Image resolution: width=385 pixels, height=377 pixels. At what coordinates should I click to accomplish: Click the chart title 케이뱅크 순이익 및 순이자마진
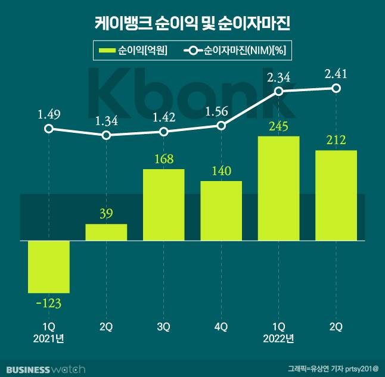tap(192, 24)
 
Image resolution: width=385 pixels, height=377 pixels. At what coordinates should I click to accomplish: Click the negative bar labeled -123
tap(49, 266)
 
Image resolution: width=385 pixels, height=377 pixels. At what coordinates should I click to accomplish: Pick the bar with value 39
tap(106, 232)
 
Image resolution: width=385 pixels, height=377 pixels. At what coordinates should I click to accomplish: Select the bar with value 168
tap(163, 205)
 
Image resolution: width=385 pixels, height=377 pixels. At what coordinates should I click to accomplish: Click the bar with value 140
tap(221, 210)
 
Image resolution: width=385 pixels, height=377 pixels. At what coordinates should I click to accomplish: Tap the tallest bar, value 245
tap(278, 188)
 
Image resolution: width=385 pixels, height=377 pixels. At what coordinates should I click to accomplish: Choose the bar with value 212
tap(336, 195)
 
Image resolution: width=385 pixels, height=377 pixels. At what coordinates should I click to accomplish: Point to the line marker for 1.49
tap(49, 129)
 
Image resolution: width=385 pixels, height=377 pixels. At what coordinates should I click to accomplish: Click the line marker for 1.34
tap(106, 135)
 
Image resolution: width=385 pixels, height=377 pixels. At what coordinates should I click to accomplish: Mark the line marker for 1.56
tap(221, 126)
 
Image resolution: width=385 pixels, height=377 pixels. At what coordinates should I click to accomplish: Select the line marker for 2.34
tap(278, 91)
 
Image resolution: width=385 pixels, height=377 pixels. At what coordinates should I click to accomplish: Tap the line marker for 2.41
tap(336, 88)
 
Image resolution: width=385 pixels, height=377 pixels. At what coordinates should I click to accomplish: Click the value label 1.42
tap(163, 116)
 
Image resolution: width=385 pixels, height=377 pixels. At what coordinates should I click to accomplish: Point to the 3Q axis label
tap(163, 327)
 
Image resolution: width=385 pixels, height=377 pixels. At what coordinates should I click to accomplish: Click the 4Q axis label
tap(221, 327)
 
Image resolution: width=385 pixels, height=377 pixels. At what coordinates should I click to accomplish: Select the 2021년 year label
tap(49, 339)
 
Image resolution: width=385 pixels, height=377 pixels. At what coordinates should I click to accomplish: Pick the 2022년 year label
tap(278, 339)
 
